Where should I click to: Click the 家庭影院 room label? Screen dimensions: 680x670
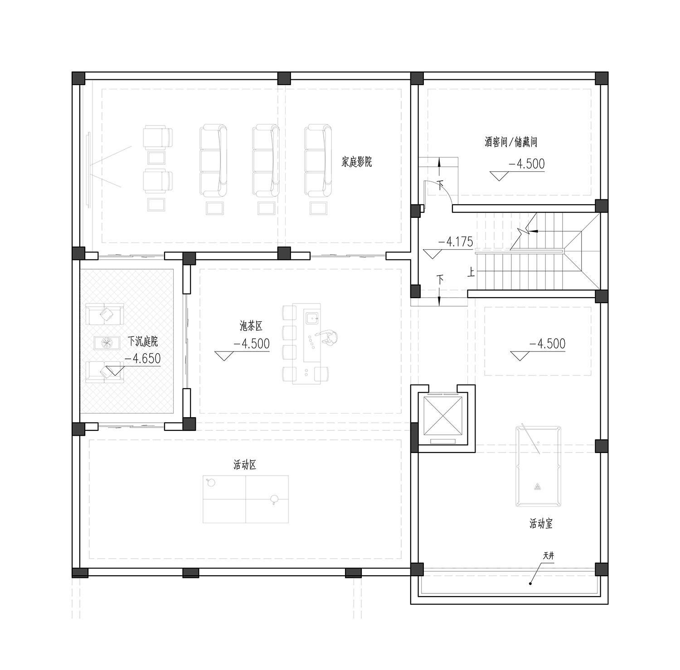(x=356, y=162)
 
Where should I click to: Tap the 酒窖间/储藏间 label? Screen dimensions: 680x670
(x=511, y=142)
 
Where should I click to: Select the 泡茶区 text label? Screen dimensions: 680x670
(x=251, y=326)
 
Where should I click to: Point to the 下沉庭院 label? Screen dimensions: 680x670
(x=143, y=341)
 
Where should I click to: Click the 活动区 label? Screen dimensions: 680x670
(x=245, y=465)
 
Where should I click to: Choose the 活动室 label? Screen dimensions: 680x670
(x=541, y=524)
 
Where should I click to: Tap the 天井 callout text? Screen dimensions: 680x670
(x=549, y=556)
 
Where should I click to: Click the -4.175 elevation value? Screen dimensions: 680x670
(x=455, y=242)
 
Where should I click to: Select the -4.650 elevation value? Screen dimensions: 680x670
(x=142, y=358)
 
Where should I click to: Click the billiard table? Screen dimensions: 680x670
(x=538, y=466)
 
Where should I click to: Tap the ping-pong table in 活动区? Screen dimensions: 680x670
(x=246, y=499)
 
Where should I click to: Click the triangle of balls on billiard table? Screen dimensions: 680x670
(x=538, y=487)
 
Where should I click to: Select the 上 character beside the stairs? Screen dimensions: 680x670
(x=472, y=272)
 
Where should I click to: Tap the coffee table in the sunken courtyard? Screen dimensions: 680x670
(x=107, y=343)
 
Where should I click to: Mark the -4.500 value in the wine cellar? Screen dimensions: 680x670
(x=526, y=164)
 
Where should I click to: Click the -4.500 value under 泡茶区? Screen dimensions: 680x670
(x=251, y=343)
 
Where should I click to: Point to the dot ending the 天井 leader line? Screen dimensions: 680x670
(x=530, y=584)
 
